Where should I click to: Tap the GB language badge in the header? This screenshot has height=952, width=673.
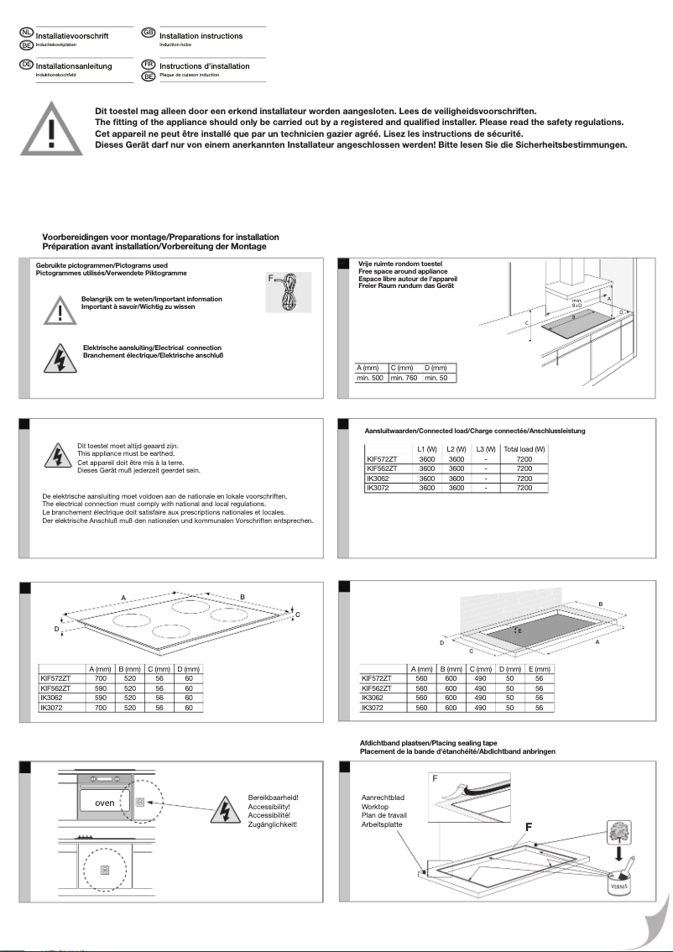click(x=149, y=32)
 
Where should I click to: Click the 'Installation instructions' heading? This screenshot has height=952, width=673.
click(x=201, y=36)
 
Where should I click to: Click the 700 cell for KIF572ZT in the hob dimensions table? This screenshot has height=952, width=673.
click(x=101, y=677)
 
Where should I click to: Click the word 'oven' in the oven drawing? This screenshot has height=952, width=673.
click(x=104, y=803)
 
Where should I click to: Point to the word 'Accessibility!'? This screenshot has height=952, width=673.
click(x=269, y=807)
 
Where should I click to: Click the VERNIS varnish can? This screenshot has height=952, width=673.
click(x=619, y=885)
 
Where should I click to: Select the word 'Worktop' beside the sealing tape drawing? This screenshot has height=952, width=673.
click(x=375, y=806)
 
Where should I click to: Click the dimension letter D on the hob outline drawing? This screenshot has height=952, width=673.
click(x=57, y=629)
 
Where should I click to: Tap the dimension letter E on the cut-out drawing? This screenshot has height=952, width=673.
click(x=520, y=630)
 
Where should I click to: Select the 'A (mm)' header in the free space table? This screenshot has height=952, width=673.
click(x=369, y=368)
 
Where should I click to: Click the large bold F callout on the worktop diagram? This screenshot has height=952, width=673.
click(x=529, y=827)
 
